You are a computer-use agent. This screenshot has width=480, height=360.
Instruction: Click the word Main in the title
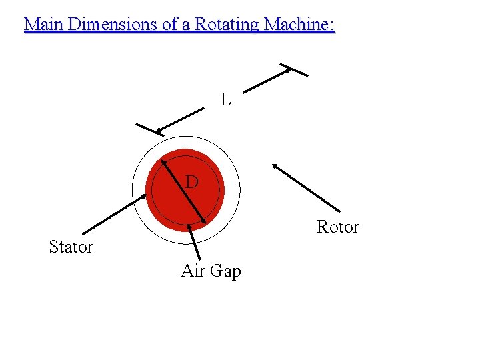[x=44, y=25]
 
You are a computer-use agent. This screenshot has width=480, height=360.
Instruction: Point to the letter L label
[x=226, y=101]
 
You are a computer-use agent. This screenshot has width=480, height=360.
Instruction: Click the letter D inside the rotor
[x=191, y=181]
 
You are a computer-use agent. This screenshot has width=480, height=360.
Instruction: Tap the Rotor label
[x=337, y=227]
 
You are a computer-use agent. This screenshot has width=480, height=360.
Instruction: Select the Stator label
[x=71, y=247]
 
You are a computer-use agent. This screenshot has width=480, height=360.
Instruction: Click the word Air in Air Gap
[x=193, y=271]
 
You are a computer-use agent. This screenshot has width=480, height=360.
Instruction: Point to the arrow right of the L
[x=267, y=79]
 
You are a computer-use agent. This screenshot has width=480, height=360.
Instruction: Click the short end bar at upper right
[x=294, y=70]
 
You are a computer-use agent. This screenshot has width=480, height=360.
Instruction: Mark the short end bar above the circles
[x=149, y=130]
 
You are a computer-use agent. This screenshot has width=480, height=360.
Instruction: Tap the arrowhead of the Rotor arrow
[x=275, y=167]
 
